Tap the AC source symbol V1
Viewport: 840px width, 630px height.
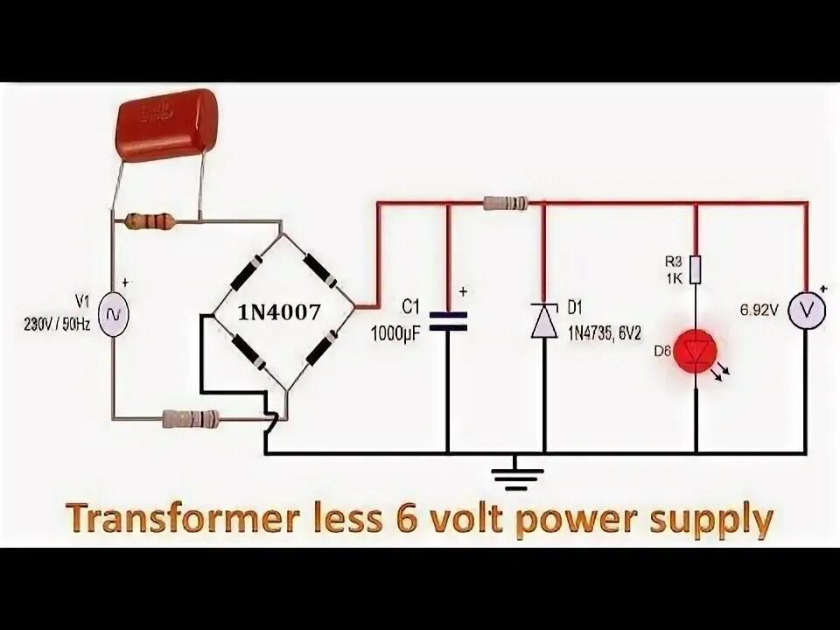[x=112, y=314]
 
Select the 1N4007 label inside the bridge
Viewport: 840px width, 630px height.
[x=279, y=312]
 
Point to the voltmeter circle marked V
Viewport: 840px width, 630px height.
[x=805, y=309]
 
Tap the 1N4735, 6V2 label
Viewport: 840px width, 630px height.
[x=605, y=332]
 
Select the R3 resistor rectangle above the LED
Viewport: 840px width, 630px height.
[x=696, y=270]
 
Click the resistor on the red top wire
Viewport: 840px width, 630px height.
[x=505, y=203]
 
